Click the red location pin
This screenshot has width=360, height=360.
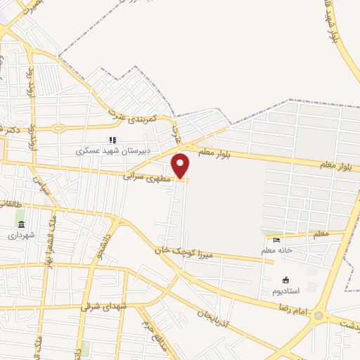(x=181, y=165)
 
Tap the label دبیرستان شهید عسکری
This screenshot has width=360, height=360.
(x=102, y=150)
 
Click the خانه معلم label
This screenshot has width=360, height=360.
(x=276, y=250)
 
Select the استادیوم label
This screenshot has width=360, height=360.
(x=285, y=290)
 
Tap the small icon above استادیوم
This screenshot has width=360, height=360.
(x=285, y=280)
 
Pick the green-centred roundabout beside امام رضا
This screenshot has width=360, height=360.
(x=321, y=316)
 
